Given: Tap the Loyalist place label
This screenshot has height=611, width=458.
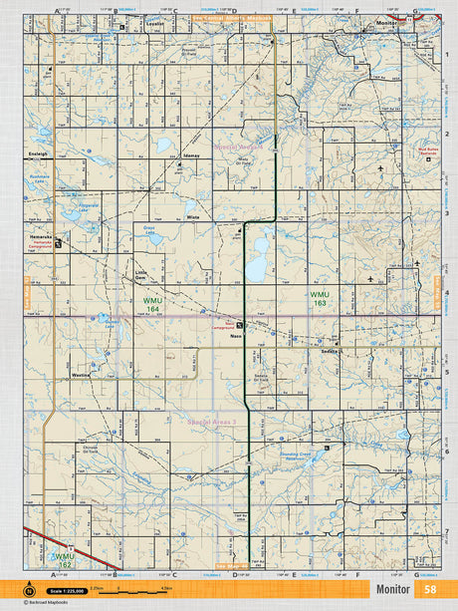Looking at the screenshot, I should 154,22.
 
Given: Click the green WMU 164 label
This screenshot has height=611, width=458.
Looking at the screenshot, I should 151,304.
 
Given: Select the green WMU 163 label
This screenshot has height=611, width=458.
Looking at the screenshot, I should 319,299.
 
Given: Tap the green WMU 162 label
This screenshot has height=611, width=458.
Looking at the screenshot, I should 64,559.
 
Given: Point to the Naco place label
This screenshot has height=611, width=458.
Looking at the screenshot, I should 237,337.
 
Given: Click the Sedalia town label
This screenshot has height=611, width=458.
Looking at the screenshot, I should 330,351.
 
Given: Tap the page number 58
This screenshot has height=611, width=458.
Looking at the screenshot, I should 429,590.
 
